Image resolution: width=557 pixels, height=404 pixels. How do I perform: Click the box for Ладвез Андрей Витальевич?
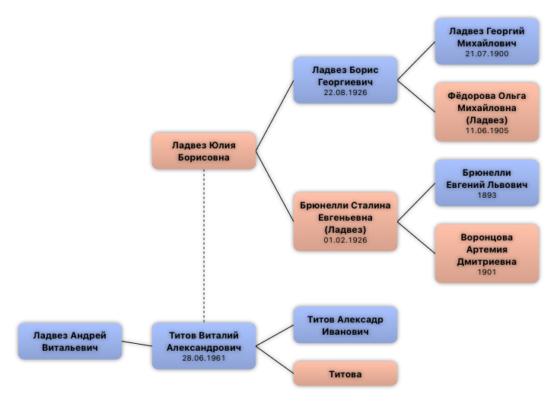pos(70,341)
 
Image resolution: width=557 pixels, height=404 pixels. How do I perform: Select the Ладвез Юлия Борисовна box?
pos(203,151)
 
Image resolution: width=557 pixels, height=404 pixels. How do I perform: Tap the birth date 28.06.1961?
pos(203,358)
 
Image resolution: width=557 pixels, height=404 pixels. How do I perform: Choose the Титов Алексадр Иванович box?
pos(345,325)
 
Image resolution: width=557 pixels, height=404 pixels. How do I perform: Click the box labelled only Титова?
pos(345,374)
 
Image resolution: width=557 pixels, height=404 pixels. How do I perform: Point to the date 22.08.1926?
pos(345,92)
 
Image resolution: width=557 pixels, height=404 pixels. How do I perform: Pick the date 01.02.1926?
pos(345,240)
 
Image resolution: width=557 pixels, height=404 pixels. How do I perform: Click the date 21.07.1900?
pos(487,54)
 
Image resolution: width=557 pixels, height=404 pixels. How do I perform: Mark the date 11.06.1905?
pos(487,131)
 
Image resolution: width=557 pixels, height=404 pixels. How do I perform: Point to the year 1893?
pos(487,196)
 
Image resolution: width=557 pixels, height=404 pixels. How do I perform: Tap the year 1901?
pos(487,272)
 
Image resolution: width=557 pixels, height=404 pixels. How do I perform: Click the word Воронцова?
pos(487,237)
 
